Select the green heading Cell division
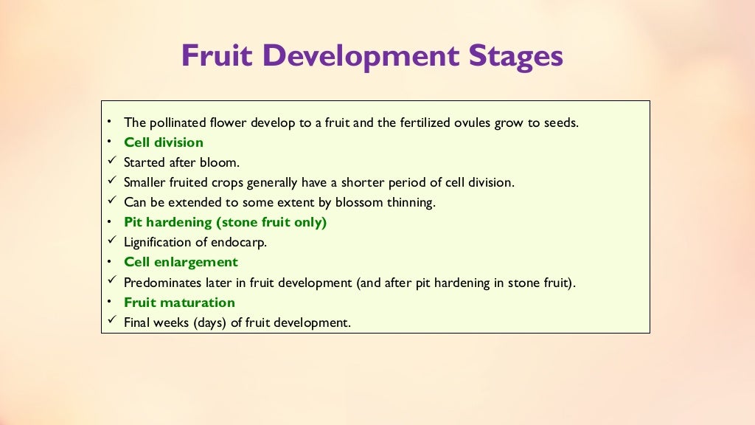pyautogui.click(x=163, y=142)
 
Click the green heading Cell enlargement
pyautogui.click(x=181, y=262)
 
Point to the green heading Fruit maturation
pyautogui.click(x=179, y=302)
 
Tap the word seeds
pyautogui.click(x=560, y=122)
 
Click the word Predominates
pyautogui.click(x=160, y=282)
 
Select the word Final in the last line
pyautogui.click(x=138, y=322)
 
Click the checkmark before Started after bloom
pyautogui.click(x=111, y=162)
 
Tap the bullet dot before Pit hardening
pyautogui.click(x=108, y=221)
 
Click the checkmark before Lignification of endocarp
pyautogui.click(x=111, y=241)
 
